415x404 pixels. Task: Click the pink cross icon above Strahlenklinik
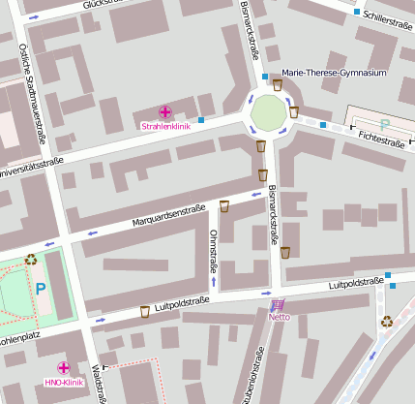165,112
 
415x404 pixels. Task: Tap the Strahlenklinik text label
165,127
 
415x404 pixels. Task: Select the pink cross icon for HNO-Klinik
64,368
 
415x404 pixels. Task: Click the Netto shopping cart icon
278,304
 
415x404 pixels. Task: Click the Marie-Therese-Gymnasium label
335,73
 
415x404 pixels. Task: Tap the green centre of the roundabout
269,114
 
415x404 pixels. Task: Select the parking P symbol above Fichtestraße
385,124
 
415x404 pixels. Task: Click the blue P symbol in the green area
41,288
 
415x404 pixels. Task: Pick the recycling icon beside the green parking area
31,259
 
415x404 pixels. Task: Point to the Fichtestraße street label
380,139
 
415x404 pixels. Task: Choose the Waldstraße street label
96,383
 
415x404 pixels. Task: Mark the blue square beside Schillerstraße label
357,13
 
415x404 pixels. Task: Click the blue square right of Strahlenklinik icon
201,119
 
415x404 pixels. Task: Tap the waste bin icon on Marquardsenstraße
224,205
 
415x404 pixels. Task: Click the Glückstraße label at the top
108,5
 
